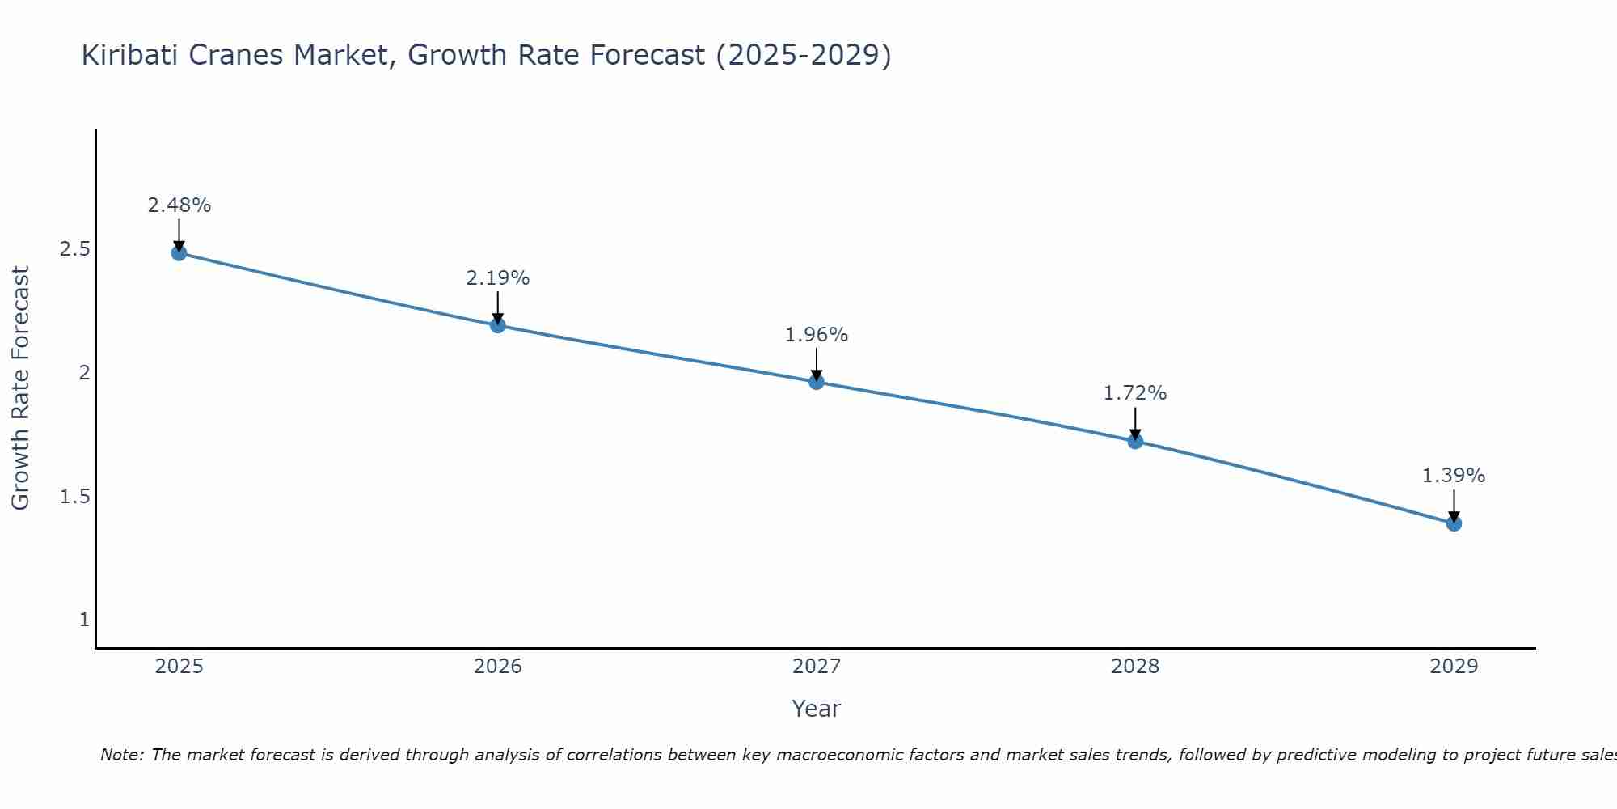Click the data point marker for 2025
[179, 253]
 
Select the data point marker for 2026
[498, 325]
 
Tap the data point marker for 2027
[817, 382]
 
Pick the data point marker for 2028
[1135, 441]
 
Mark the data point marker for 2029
[1454, 523]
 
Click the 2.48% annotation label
[179, 205]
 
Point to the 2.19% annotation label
[498, 278]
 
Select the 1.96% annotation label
[817, 335]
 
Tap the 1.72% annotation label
[1135, 393]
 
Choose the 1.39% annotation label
[1454, 476]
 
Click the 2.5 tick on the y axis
[74, 249]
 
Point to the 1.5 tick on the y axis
[74, 496]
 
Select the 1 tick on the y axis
[84, 620]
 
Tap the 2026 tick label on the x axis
[498, 667]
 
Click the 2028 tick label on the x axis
[1135, 667]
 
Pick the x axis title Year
[817, 709]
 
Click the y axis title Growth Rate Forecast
[20, 388]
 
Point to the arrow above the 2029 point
[1454, 505]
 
